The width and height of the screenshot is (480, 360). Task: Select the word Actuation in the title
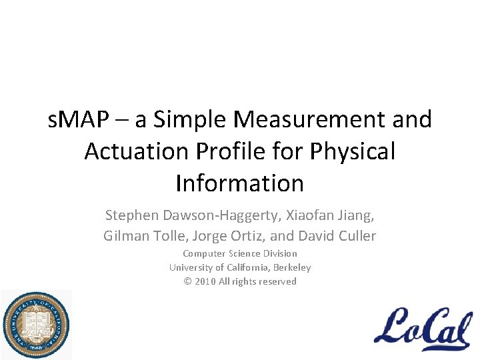136,151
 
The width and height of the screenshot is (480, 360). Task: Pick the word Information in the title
240,183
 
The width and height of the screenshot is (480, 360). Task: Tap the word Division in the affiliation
279,253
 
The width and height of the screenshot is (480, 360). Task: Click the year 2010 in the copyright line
205,281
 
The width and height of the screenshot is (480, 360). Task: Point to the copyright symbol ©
188,281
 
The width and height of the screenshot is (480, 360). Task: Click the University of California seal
36,325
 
